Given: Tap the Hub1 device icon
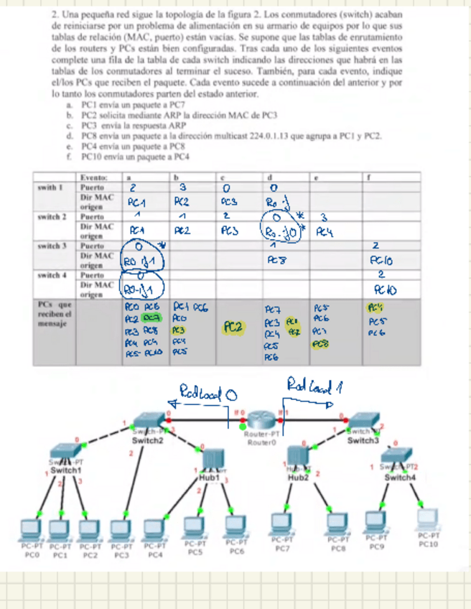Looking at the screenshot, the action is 211,460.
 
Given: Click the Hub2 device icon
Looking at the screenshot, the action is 297,457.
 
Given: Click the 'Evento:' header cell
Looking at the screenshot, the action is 95,177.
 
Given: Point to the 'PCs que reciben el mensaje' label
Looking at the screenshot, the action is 54,314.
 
